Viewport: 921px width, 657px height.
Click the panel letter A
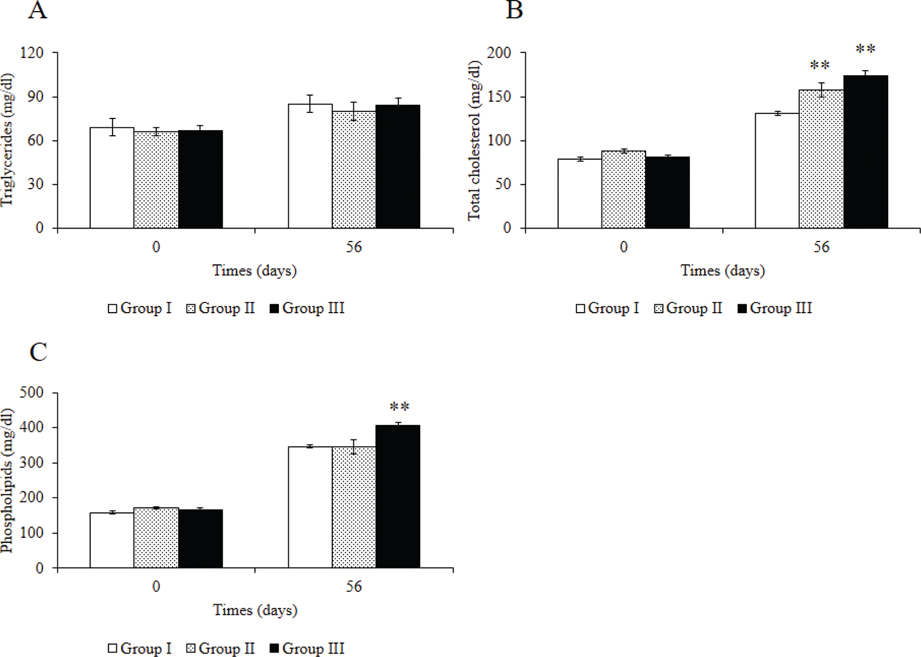37,10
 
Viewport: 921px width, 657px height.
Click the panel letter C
38,352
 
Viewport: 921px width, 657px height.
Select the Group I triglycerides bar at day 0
112,178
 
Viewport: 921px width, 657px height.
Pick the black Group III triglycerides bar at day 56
398,167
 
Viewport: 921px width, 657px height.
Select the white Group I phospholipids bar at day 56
310,507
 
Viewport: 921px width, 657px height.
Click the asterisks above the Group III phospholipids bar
400,408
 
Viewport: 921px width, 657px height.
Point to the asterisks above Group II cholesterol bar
820,66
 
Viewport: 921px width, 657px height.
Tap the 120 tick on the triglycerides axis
32,53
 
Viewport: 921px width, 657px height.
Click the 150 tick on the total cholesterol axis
499,97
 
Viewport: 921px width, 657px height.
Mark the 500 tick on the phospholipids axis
32,393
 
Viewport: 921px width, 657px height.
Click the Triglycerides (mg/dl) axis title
7,140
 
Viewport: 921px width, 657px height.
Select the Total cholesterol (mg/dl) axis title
474,140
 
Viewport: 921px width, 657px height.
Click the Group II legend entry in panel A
221,308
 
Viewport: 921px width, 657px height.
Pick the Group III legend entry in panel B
775,308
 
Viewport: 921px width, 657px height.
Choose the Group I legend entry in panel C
140,649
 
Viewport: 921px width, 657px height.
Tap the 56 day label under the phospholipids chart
354,586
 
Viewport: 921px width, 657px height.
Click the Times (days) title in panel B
722,271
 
